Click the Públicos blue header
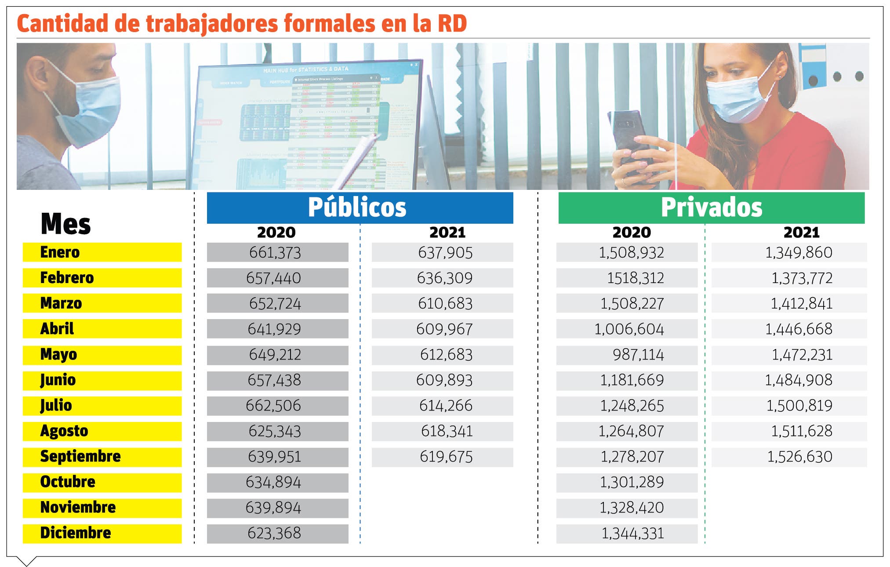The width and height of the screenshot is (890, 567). (x=360, y=207)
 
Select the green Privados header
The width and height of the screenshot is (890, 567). (x=711, y=207)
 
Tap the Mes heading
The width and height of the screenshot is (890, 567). (x=65, y=224)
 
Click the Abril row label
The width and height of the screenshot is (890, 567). (x=57, y=329)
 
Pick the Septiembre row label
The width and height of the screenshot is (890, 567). (x=80, y=456)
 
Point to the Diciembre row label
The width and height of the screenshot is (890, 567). (x=76, y=533)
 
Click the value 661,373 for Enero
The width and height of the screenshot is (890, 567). (x=275, y=253)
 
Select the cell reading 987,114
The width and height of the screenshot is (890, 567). (x=638, y=355)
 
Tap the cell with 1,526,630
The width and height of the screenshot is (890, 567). (x=800, y=457)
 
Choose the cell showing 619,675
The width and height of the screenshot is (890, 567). (x=446, y=457)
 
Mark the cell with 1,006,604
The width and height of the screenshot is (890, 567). (x=629, y=329)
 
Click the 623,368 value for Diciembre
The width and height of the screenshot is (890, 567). (x=274, y=533)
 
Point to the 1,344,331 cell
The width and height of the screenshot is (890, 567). (x=632, y=534)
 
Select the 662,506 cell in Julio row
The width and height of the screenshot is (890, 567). (x=273, y=405)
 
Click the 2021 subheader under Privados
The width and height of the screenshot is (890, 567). (x=801, y=232)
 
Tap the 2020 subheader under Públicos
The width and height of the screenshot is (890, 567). (x=276, y=232)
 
